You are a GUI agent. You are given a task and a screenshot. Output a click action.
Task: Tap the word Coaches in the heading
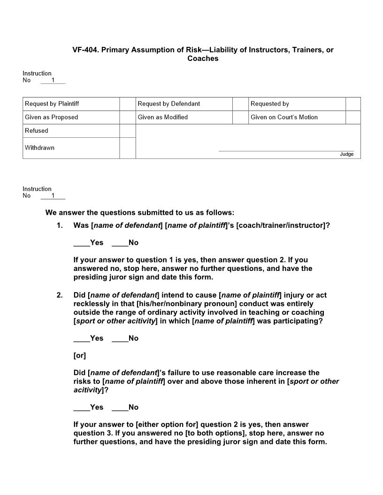coord(203,59)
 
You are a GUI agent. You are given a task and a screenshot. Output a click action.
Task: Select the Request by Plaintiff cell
coord(71,104)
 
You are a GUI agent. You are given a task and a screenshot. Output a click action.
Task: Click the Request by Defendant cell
coord(184,104)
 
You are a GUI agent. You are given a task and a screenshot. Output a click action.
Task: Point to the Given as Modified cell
coord(184,117)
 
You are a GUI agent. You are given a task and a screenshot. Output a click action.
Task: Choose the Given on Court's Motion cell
coord(297,117)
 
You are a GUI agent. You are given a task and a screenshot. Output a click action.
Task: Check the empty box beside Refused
coord(127,131)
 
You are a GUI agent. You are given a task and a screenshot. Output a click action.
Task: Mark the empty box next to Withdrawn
coord(127,148)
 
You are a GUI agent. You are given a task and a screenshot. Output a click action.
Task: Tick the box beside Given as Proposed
coord(127,117)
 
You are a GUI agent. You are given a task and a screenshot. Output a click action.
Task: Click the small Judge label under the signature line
coord(347,154)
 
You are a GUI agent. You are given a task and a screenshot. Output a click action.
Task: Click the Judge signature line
coord(286,150)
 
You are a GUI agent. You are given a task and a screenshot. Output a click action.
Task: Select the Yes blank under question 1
coord(82,243)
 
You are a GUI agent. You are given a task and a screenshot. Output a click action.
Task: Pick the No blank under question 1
coord(120,243)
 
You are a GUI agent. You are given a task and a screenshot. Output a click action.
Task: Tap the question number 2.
coord(60,295)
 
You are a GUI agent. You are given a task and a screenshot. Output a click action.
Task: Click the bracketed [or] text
coord(80,356)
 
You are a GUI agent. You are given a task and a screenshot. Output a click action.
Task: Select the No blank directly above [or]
coord(120,338)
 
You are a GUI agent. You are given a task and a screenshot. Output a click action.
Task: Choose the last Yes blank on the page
coord(82,407)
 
